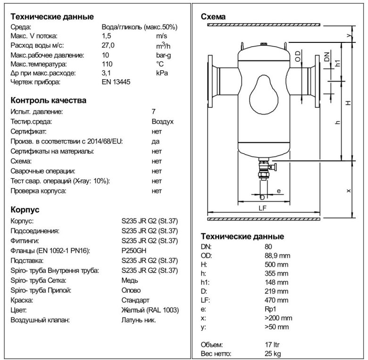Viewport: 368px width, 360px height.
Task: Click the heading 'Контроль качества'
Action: coord(48,100)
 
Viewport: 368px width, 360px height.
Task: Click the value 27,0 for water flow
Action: coord(109,45)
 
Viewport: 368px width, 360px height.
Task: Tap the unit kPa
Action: coord(162,73)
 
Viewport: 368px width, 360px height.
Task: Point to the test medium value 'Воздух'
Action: coord(162,122)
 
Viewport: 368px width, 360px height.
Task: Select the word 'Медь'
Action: coord(130,280)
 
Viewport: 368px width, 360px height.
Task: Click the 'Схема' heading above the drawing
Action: coord(213,17)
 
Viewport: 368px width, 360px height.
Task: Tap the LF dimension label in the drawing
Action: coord(263,207)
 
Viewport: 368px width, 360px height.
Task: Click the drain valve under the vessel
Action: coord(264,170)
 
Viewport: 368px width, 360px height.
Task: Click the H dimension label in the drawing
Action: coord(348,102)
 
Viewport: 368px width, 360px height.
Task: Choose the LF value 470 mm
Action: coord(277,300)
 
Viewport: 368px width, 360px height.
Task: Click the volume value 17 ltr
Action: coord(273,344)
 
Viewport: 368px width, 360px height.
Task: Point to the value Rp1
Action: coord(270,309)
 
